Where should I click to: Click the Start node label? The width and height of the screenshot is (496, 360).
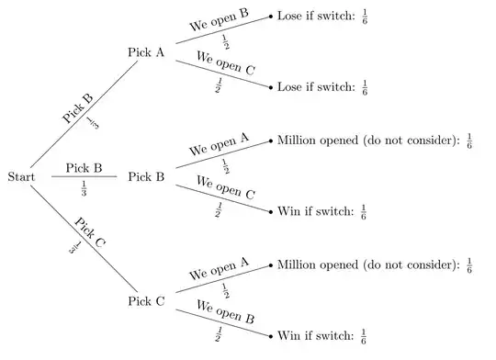[x=20, y=175]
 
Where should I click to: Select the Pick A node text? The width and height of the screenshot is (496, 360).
[x=146, y=51]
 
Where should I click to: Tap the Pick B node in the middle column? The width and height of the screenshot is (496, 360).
[x=146, y=175]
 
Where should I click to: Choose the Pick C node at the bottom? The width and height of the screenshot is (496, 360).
[x=146, y=299]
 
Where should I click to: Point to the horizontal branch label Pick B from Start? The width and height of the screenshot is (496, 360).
[x=84, y=168]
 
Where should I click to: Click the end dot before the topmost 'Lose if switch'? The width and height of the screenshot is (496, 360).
[x=271, y=17]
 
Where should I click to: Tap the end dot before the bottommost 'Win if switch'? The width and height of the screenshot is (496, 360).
[x=271, y=334]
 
